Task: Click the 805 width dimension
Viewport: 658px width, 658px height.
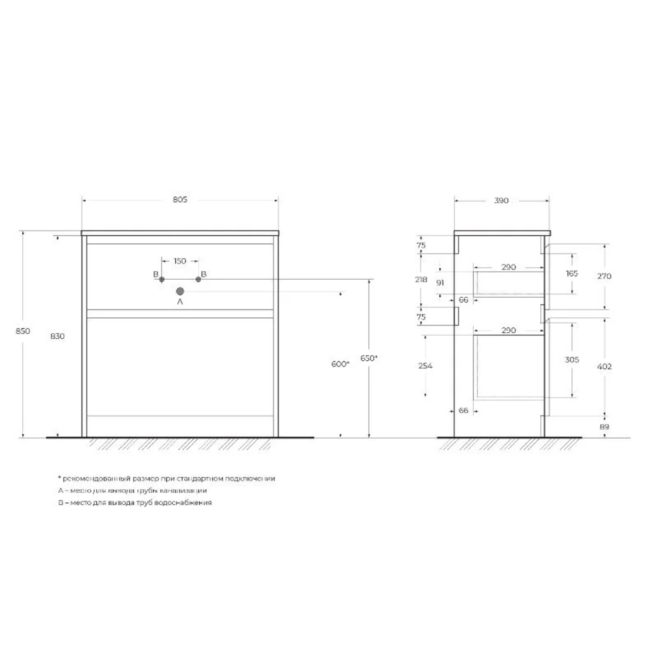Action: click(180, 199)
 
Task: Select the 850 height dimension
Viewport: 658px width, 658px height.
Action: click(23, 331)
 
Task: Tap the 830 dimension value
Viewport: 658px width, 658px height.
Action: click(57, 336)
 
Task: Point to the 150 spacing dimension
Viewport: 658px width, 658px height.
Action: click(180, 261)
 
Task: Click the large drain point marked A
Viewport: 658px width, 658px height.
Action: click(180, 291)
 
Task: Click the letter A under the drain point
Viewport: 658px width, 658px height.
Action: click(180, 302)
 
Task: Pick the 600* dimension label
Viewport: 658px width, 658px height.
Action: click(340, 364)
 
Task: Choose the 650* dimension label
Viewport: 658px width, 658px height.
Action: click(369, 358)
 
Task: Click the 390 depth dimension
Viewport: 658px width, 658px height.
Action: click(501, 201)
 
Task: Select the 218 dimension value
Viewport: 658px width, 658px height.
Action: click(421, 280)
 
